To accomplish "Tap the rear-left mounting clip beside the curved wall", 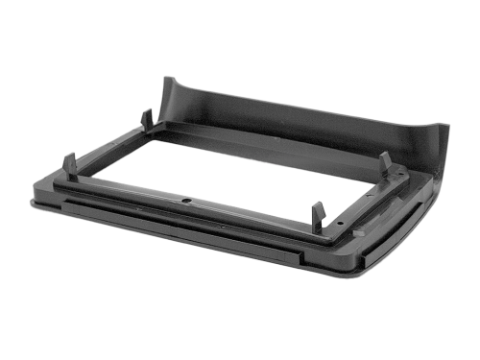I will coord(147,118).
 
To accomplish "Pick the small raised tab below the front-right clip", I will coord(357,231).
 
